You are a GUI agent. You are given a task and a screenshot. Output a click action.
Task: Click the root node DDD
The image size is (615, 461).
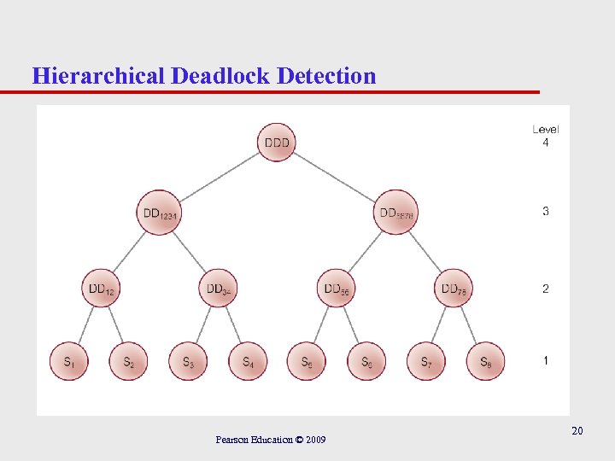pyautogui.click(x=276, y=143)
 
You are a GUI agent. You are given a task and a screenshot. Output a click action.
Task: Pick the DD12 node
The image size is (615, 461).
pyautogui.click(x=101, y=289)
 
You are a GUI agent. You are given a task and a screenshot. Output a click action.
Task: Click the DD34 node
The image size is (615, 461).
pyautogui.click(x=219, y=289)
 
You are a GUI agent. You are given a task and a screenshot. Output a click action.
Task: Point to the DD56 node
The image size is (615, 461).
pyautogui.click(x=336, y=289)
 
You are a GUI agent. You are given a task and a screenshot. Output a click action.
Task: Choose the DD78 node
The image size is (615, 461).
pyautogui.click(x=454, y=289)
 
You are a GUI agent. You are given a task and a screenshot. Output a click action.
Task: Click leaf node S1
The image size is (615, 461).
pyautogui.click(x=70, y=362)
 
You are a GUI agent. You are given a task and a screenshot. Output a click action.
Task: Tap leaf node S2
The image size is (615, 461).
pyautogui.click(x=129, y=362)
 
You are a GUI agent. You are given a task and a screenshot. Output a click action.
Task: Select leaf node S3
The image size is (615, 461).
pyautogui.click(x=188, y=362)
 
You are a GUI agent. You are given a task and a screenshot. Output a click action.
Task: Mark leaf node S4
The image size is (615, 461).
pyautogui.click(x=248, y=362)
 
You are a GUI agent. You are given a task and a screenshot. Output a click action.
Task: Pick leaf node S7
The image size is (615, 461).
pyautogui.click(x=425, y=362)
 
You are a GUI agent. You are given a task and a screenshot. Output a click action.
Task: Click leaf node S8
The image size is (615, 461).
pyautogui.click(x=485, y=362)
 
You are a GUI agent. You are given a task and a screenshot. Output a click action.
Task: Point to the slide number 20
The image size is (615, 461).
pyautogui.click(x=577, y=431)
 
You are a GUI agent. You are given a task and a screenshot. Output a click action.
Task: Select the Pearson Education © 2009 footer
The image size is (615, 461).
pyautogui.click(x=270, y=440)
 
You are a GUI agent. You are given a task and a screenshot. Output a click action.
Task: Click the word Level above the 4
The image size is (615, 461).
pyautogui.click(x=546, y=129)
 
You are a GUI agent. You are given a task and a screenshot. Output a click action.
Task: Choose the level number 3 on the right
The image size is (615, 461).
pyautogui.click(x=546, y=211)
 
